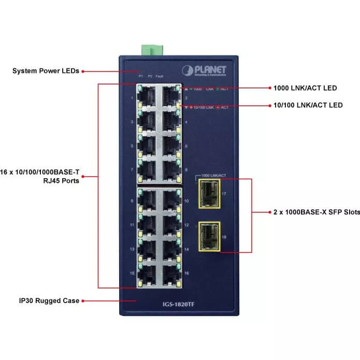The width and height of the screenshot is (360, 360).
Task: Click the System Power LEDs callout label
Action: (46, 71)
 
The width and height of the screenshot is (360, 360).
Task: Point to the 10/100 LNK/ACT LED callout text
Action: (308, 105)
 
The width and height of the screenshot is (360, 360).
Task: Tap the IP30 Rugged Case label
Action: (49, 300)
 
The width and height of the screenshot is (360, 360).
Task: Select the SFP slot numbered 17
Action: (208, 193)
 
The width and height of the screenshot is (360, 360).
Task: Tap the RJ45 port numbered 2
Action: (169, 95)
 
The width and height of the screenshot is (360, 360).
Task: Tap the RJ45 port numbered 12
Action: (169, 225)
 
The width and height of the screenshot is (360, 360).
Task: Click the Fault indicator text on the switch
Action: (160, 76)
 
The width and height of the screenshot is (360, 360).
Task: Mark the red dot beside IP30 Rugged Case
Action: (83, 300)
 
